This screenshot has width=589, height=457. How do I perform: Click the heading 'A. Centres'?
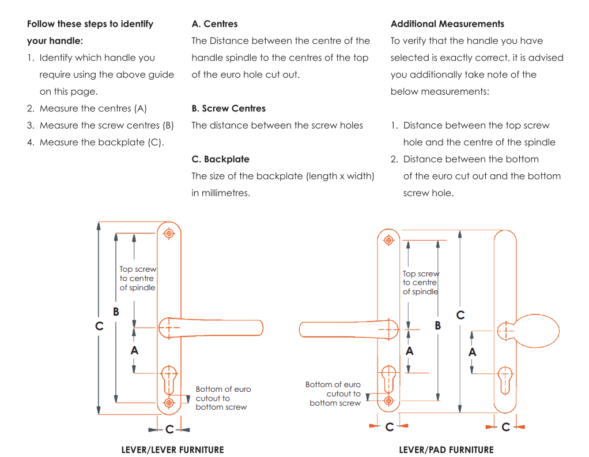click(214, 24)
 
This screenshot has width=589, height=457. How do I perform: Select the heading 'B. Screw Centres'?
click(228, 108)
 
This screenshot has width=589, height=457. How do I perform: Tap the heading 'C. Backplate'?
click(220, 159)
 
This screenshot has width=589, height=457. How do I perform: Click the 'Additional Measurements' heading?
click(447, 24)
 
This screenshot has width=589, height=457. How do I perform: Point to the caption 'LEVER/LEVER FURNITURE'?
click(172, 450)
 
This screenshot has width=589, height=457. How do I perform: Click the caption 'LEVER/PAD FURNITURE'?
click(446, 450)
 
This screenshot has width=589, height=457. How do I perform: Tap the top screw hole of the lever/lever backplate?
click(169, 233)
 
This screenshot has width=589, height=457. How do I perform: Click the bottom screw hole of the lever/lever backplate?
click(169, 402)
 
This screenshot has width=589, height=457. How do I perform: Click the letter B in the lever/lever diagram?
click(116, 312)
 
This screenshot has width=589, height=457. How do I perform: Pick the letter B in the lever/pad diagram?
click(438, 326)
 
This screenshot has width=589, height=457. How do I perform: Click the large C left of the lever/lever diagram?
click(99, 327)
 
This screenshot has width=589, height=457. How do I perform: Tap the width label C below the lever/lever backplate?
click(169, 430)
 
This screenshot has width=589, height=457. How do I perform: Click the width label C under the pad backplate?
click(505, 428)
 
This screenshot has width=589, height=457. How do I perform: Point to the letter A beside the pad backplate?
click(472, 352)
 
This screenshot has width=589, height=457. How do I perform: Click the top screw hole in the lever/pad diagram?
click(388, 239)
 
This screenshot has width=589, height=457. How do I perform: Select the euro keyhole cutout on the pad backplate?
click(505, 378)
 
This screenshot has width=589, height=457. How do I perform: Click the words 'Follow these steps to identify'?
click(90, 24)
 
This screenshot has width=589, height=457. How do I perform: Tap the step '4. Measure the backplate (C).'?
click(95, 142)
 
